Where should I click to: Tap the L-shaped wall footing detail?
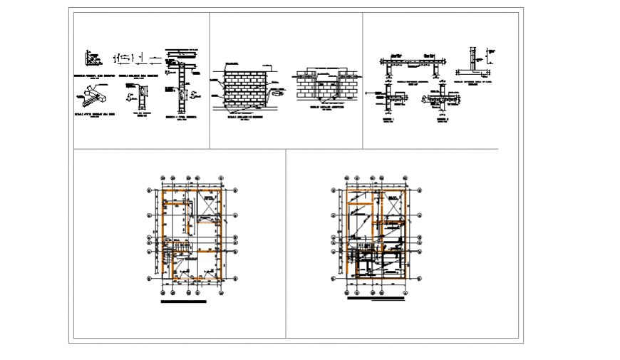pyautogui.click(x=473, y=63)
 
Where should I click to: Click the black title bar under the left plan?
pyautogui.click(x=184, y=302)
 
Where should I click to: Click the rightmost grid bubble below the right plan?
pyautogui.click(x=407, y=289)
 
